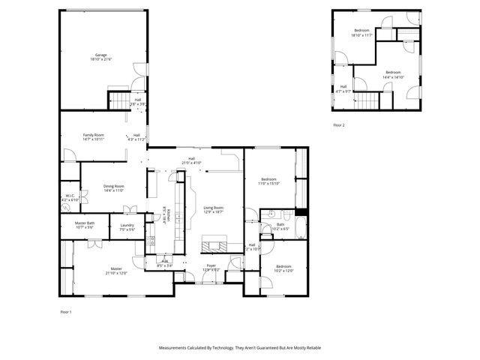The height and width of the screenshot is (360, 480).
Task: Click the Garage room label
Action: [101, 57]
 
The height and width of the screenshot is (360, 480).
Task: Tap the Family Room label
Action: [93, 136]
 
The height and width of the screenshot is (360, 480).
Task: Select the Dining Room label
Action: [114, 188]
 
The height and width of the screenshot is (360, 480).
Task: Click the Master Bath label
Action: [85, 225]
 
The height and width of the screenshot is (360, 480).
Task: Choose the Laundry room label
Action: [127, 227]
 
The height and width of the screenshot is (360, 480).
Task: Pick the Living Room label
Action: [214, 209]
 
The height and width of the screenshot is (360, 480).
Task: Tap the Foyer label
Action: [211, 267]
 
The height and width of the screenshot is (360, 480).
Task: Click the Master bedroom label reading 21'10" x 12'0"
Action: [116, 271]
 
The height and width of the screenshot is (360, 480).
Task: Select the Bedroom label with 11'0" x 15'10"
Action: [268, 181]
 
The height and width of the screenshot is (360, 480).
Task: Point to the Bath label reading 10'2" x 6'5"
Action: [280, 226]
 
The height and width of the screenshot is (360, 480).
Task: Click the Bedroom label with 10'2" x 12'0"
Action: [283, 268]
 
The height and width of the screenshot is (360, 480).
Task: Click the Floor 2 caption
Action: [339, 125]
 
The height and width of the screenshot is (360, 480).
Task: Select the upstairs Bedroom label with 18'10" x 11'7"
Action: [361, 33]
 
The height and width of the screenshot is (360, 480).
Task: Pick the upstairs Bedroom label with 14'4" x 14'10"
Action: [394, 74]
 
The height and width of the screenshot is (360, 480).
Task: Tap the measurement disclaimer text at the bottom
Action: [239, 348]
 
